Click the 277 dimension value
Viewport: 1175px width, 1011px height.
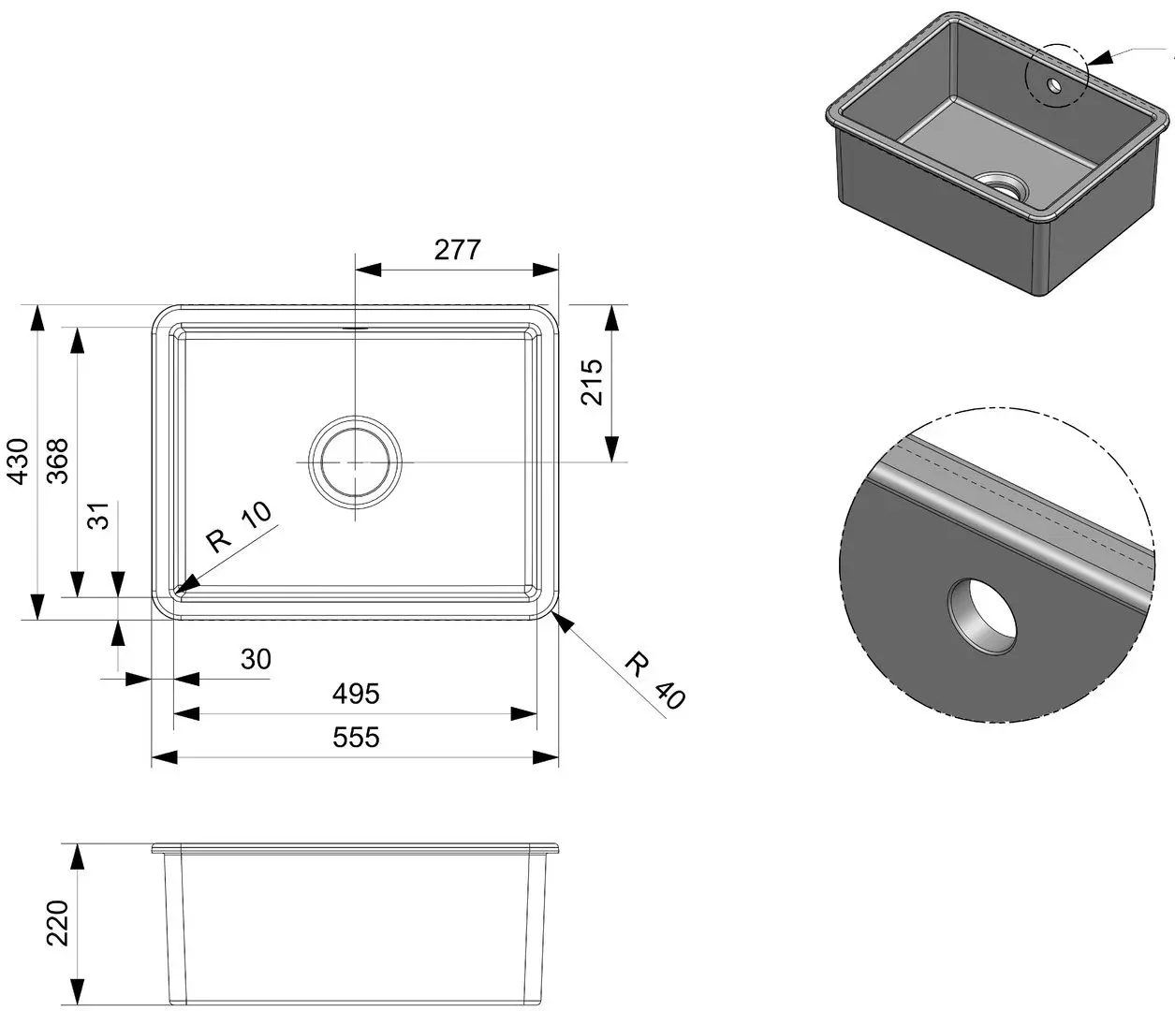pyautogui.click(x=457, y=250)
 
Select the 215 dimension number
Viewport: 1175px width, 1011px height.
pyautogui.click(x=592, y=381)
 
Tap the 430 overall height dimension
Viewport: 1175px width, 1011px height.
pyautogui.click(x=20, y=462)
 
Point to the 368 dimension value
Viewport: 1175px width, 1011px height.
pyautogui.click(x=57, y=461)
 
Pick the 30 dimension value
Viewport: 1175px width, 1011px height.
pyautogui.click(x=256, y=659)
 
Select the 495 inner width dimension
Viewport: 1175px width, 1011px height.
pyautogui.click(x=356, y=694)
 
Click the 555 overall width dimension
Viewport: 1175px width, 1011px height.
pyautogui.click(x=356, y=738)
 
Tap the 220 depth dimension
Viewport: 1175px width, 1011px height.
pyautogui.click(x=57, y=923)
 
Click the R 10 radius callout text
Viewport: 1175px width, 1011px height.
pyautogui.click(x=239, y=528)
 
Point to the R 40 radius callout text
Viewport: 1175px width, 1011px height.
pyautogui.click(x=654, y=681)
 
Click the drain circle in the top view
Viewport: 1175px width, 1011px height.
pyautogui.click(x=355, y=462)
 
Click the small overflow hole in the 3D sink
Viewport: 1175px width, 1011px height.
pyautogui.click(x=1054, y=86)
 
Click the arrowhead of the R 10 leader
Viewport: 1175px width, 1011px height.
pyautogui.click(x=187, y=584)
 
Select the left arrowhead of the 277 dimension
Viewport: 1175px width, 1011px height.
pyautogui.click(x=368, y=270)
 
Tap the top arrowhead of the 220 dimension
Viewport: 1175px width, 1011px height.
pyautogui.click(x=77, y=857)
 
